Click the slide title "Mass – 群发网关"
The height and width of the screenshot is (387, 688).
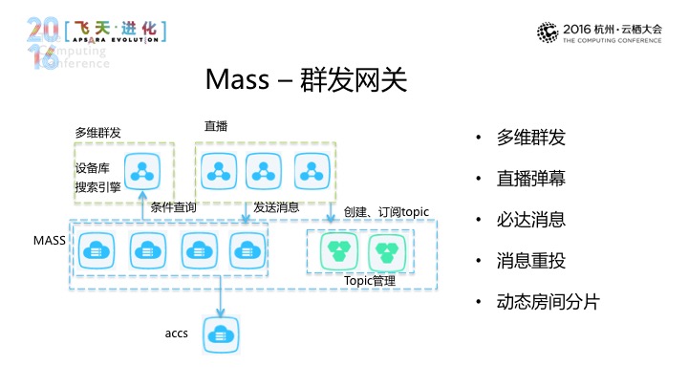coord(306,80)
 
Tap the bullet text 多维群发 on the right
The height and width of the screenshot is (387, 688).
coord(531,137)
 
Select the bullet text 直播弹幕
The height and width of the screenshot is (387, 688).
coord(531,178)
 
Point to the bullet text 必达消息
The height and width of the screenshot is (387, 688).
coord(531,219)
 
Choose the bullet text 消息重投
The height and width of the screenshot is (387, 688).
coord(531,260)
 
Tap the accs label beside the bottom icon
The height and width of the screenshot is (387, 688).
coord(176,333)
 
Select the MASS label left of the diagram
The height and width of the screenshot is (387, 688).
coord(49,240)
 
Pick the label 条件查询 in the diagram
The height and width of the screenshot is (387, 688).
coord(174,206)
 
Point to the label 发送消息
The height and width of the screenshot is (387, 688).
coord(277,206)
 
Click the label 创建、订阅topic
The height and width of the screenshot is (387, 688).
coord(387,210)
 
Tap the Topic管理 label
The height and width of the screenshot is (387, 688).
coord(370,281)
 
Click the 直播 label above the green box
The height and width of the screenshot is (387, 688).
coord(215,126)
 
